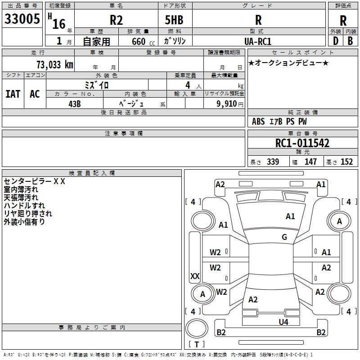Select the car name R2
116,21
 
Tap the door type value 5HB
173,21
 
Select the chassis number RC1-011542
302,143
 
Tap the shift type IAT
13,94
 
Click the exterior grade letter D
335,41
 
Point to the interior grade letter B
350,41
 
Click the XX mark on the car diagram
195,276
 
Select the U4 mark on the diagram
283,322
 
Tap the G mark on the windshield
284,237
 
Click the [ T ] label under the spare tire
196,344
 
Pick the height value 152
346,162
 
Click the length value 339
273,162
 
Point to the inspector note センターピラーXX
35,181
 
